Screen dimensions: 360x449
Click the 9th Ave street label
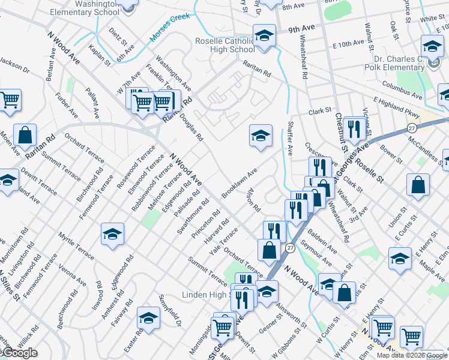pos(301,28)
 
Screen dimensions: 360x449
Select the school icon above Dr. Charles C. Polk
pos(432,46)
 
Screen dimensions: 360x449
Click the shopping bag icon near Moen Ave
pos(25,135)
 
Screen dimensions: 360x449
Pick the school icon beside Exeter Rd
pos(148,317)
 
